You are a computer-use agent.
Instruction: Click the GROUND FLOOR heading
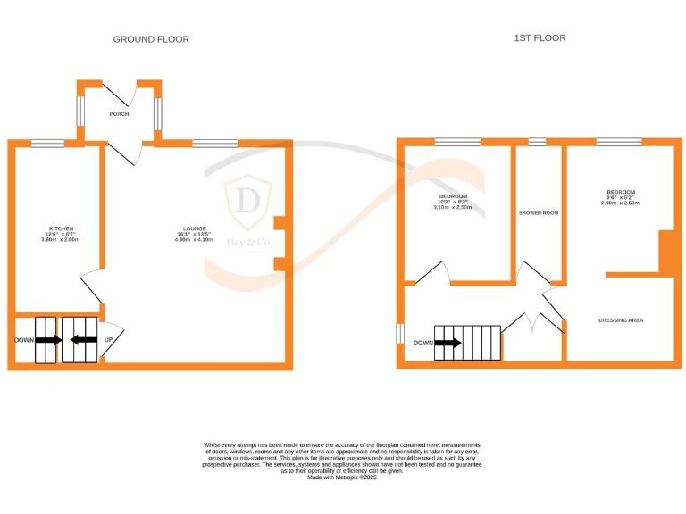click(x=151, y=39)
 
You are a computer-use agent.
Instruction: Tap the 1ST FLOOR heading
click(x=540, y=38)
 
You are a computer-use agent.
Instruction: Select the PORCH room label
click(x=119, y=114)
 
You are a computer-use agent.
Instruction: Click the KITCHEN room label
click(x=61, y=228)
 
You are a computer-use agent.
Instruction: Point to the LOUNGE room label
click(x=191, y=228)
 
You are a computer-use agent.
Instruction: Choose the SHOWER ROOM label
click(x=539, y=213)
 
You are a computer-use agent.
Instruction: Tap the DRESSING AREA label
click(x=621, y=320)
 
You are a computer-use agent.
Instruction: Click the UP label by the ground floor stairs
click(x=108, y=340)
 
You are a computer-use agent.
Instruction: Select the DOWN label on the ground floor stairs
click(x=25, y=340)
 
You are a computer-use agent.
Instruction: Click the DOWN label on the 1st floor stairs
click(x=423, y=343)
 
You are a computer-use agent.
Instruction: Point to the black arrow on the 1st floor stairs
click(x=448, y=343)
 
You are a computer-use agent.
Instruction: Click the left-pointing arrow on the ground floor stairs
click(x=84, y=340)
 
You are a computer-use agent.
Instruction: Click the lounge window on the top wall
click(x=214, y=143)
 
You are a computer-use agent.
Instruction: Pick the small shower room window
click(x=537, y=142)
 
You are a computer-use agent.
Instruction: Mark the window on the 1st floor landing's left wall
click(x=400, y=333)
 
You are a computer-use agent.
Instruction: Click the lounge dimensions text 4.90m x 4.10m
click(x=191, y=240)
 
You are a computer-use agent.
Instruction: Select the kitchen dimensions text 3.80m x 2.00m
click(x=61, y=240)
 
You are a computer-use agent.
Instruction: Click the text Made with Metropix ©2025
click(x=343, y=477)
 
